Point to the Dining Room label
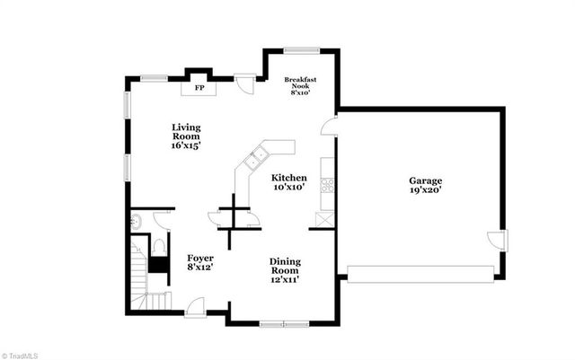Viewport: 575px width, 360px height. pos(285,270)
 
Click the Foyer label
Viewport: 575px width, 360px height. pos(199,261)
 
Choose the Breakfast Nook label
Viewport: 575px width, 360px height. pos(300,85)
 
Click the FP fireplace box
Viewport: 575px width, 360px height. pos(199,88)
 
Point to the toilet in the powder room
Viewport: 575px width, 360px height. pos(158,245)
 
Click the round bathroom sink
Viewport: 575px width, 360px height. pos(137,221)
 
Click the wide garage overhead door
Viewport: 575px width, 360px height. pos(420,273)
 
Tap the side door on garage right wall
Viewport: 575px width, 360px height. pos(497,241)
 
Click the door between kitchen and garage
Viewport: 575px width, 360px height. pos(330,125)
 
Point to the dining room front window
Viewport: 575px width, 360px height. pos(283,321)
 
